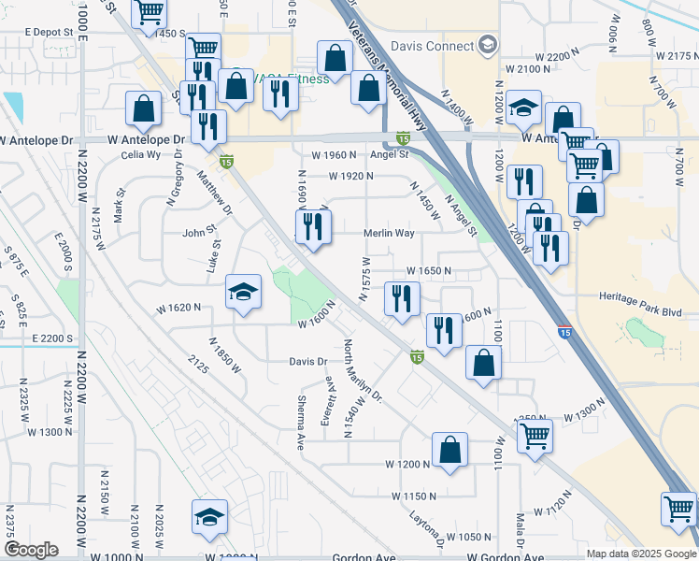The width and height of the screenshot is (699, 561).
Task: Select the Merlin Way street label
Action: point(388,233)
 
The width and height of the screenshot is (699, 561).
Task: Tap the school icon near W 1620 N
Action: point(243,295)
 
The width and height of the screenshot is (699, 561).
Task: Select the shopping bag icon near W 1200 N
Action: point(450,449)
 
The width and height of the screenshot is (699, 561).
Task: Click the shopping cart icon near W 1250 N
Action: point(535,435)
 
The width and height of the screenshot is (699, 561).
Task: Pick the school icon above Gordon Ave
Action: point(209,516)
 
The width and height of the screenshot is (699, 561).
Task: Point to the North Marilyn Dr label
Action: point(364,371)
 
